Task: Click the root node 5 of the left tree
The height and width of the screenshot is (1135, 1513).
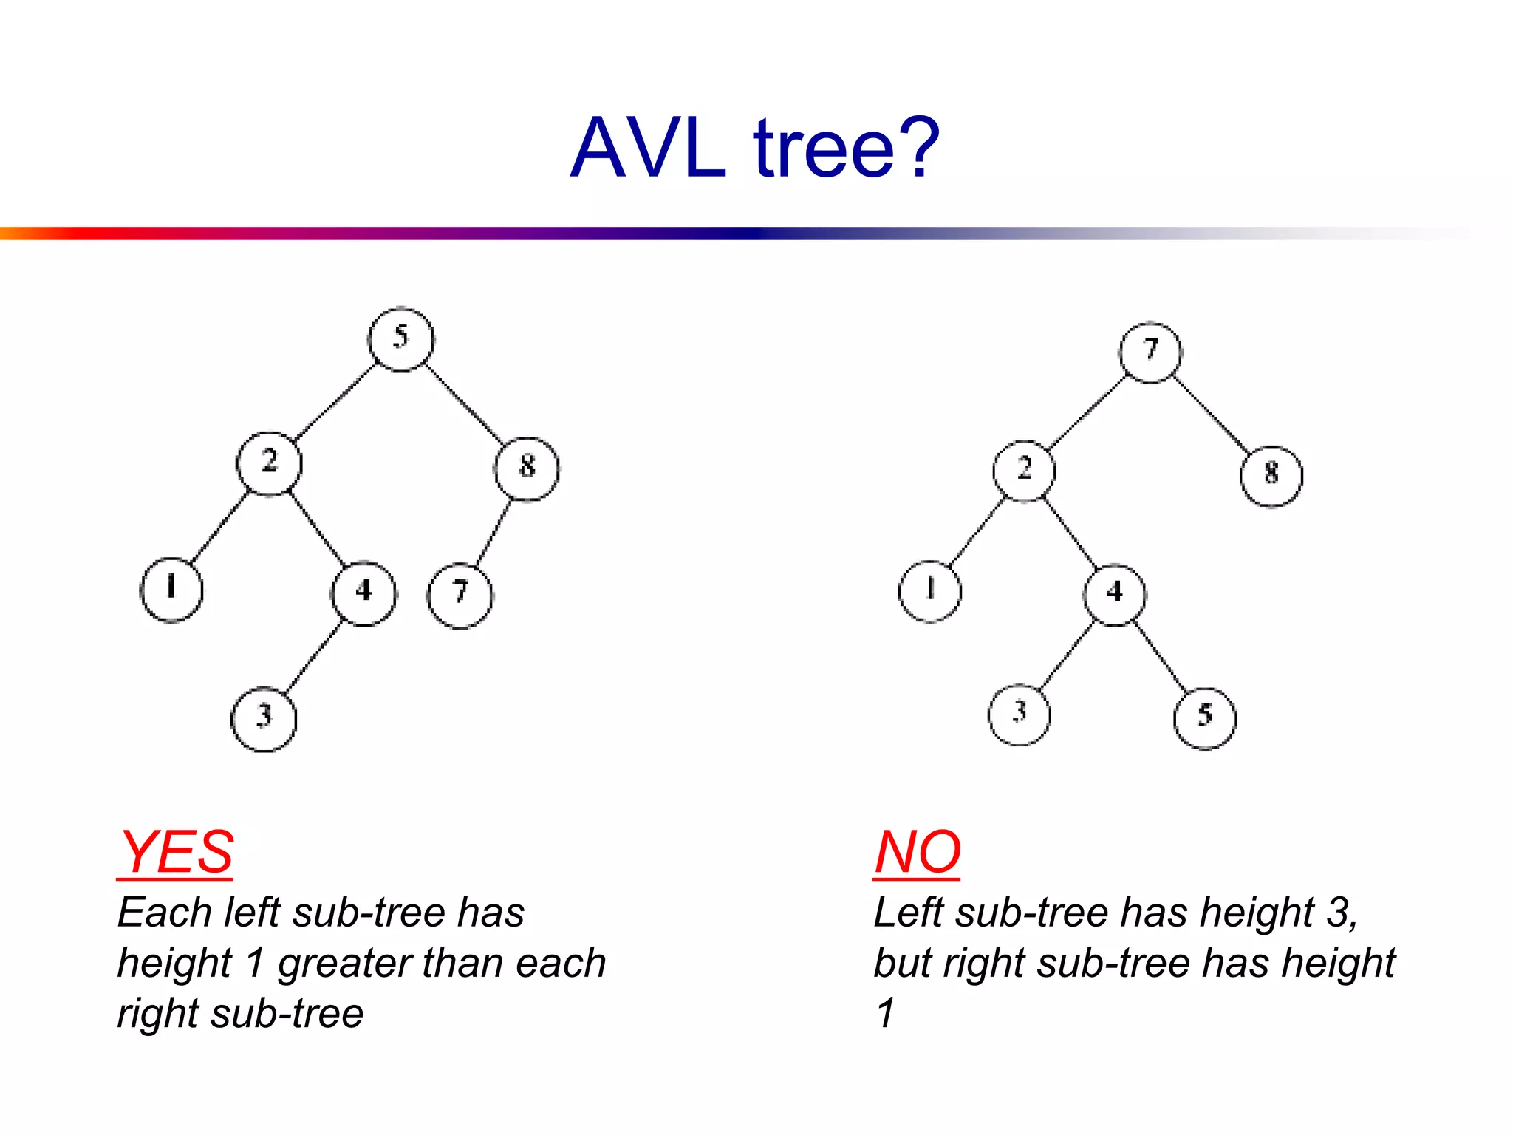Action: point(400,339)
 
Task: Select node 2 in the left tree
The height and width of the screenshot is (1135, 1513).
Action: point(269,463)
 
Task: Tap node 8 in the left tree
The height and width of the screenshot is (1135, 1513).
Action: point(527,468)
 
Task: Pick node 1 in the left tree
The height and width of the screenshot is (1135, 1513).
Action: point(171,590)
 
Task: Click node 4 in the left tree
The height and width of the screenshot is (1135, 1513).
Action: point(363,593)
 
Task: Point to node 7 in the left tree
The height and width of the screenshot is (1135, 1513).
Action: point(460,595)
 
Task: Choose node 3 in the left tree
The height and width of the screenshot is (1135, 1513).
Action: point(264,718)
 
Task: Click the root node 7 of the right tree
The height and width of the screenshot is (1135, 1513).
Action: point(1150,352)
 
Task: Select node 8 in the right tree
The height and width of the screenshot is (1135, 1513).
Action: point(1271,475)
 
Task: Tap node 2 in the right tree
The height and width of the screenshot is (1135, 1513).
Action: point(1024,470)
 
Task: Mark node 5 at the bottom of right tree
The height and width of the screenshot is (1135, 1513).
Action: point(1205,718)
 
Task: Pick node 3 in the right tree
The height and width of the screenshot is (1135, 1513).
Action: point(1020,714)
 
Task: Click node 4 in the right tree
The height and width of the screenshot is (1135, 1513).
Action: point(1114,594)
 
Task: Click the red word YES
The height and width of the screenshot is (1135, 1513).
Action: point(176,852)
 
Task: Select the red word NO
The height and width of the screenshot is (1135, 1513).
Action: point(917,852)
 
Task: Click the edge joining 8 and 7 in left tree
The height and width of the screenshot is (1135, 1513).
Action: point(493,532)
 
